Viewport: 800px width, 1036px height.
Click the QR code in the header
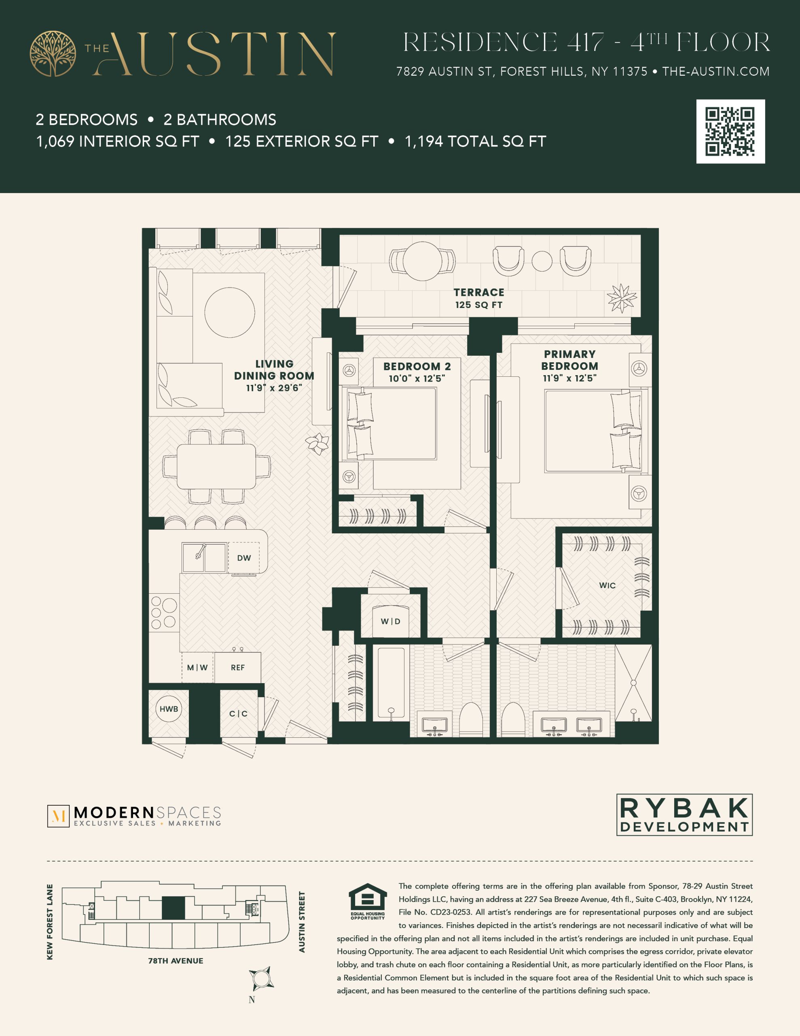click(x=730, y=132)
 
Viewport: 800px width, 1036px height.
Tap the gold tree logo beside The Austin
click(x=53, y=53)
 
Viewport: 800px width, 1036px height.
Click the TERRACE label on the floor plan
click(x=479, y=292)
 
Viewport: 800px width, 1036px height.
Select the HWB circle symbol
click(x=168, y=709)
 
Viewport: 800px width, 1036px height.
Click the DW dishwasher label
click(x=244, y=558)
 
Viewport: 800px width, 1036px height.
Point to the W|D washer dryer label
click(x=391, y=622)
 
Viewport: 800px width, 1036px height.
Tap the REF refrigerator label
click(x=237, y=667)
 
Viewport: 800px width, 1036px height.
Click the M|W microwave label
click(x=197, y=667)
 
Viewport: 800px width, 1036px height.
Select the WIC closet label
click(x=607, y=585)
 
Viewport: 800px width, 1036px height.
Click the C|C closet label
click(x=239, y=713)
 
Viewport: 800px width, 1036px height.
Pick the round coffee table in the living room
click(x=229, y=312)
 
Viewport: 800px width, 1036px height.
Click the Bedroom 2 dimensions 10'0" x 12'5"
click(x=417, y=378)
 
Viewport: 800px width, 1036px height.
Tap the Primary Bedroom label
click(x=569, y=360)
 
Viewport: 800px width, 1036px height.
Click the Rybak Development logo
click(x=684, y=815)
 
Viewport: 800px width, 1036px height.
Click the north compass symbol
click(x=261, y=978)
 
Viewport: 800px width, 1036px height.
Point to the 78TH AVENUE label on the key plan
click(x=176, y=961)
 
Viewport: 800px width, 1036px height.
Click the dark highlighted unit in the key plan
click(x=173, y=908)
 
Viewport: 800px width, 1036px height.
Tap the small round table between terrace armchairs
click(x=542, y=261)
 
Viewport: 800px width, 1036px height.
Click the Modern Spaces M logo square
click(x=58, y=816)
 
